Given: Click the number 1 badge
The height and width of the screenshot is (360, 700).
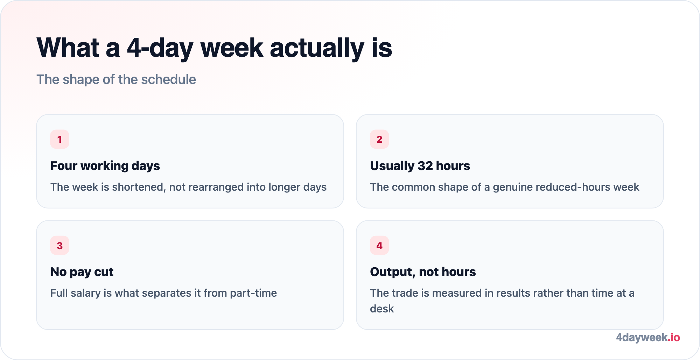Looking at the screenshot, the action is (x=59, y=139).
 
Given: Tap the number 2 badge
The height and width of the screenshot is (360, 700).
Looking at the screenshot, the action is (x=379, y=139).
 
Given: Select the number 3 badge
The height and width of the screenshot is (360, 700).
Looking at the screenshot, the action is (x=59, y=245).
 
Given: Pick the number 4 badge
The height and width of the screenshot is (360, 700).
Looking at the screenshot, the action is (x=379, y=245).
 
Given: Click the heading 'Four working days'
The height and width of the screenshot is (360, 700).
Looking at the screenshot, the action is (x=105, y=166).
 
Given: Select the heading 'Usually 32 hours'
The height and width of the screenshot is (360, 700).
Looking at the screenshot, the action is (x=420, y=166).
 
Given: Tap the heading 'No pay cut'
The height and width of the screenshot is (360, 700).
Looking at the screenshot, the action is (x=82, y=272).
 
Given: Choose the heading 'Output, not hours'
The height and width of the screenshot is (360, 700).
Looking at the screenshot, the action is (x=423, y=272).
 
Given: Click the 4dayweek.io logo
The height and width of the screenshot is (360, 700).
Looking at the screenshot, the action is (x=648, y=337).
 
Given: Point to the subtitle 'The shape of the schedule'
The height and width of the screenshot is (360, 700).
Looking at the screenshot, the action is (x=116, y=79).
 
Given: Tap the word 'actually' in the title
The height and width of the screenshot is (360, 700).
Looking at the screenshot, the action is (x=317, y=48).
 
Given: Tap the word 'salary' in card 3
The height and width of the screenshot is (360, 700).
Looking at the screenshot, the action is (x=85, y=293).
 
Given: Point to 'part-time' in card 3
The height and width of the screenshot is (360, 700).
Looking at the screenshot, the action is (x=253, y=293).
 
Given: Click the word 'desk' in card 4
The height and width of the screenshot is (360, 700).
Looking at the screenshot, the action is (x=382, y=309).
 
